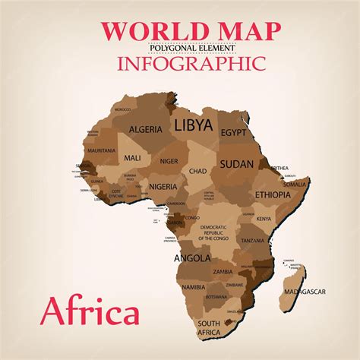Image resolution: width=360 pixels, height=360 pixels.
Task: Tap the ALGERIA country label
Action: tap(145, 129)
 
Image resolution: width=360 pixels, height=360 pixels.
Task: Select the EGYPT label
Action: tap(235, 132)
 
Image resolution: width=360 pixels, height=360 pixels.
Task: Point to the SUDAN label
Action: tap(236, 163)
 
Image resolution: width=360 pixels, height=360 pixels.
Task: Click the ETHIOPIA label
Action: tap(273, 194)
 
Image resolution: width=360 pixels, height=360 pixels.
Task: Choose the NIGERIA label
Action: tap(163, 187)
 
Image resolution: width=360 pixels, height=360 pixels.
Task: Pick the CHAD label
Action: tap(197, 172)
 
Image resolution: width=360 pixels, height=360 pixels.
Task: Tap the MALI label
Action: tap(133, 158)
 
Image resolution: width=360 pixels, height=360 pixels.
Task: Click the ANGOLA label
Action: tap(192, 258)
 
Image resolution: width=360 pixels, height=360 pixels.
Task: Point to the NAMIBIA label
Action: tap(194, 287)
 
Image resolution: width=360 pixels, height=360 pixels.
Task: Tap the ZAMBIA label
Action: tap(223, 271)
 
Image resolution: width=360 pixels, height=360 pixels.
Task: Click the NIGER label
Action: tap(169, 161)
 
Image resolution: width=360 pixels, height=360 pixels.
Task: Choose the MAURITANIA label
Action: tap(101, 150)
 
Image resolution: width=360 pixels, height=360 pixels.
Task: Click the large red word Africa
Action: tap(90, 311)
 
